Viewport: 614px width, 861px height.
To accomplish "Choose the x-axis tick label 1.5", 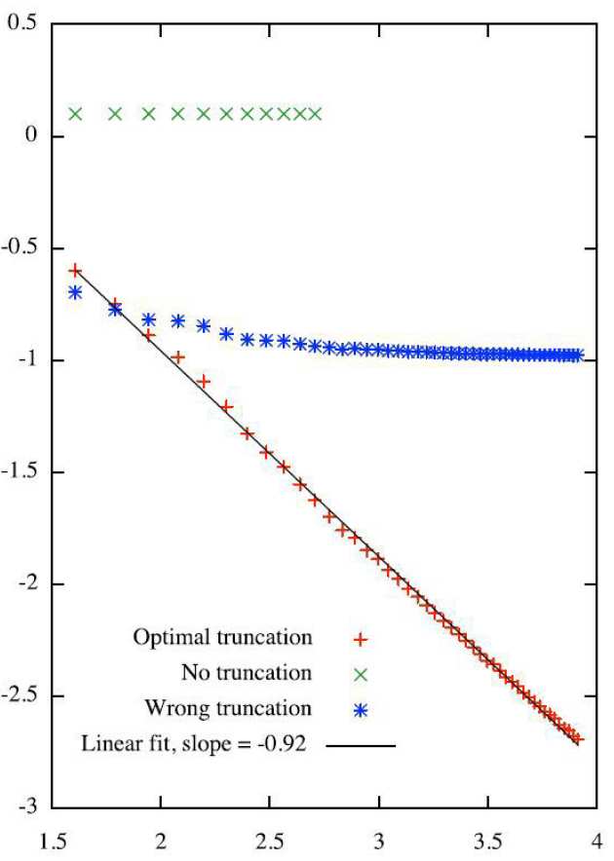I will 54,839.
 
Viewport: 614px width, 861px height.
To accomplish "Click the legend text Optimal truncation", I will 222,638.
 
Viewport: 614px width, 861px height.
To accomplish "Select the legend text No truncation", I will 247,672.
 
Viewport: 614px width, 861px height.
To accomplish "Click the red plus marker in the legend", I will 361,639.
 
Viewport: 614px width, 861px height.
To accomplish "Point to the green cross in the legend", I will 361,673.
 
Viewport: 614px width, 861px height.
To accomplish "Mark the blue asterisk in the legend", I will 361,707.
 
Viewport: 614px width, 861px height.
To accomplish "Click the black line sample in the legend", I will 361,746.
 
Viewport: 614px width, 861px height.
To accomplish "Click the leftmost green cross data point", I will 75,114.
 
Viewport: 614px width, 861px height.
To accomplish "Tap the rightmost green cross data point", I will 315,114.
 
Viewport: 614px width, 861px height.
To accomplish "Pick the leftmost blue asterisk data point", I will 75,292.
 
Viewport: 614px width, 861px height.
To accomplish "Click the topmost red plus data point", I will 75,270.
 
